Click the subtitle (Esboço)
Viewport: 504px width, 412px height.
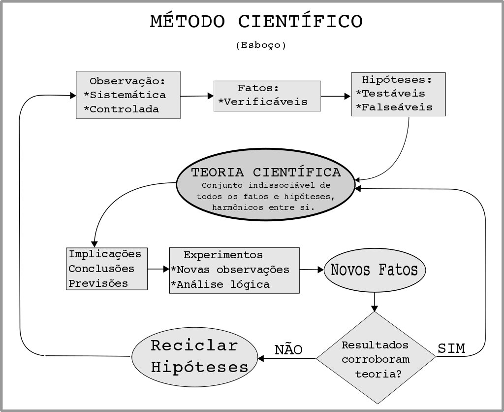(x=261, y=45)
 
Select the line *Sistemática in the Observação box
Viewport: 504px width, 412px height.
(x=125, y=95)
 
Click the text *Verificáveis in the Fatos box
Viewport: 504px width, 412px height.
(x=263, y=102)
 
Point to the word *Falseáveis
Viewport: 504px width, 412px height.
(x=394, y=107)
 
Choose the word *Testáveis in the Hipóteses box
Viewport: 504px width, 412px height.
(x=390, y=93)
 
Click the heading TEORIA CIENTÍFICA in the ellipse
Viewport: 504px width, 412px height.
(x=266, y=172)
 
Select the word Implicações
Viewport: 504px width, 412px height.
(x=105, y=254)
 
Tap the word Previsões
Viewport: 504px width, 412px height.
(x=98, y=283)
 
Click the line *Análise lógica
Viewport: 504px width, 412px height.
(x=220, y=284)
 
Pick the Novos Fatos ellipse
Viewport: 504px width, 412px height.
(x=375, y=270)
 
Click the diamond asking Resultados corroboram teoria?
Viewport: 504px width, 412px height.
(x=375, y=359)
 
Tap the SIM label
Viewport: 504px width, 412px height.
(x=451, y=348)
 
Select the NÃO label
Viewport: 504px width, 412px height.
(x=288, y=349)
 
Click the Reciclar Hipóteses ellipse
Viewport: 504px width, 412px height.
(x=195, y=356)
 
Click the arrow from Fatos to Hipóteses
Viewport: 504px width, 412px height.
(x=336, y=96)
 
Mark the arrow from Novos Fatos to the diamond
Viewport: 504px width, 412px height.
(x=375, y=301)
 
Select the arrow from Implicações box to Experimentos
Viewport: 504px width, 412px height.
(x=158, y=269)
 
